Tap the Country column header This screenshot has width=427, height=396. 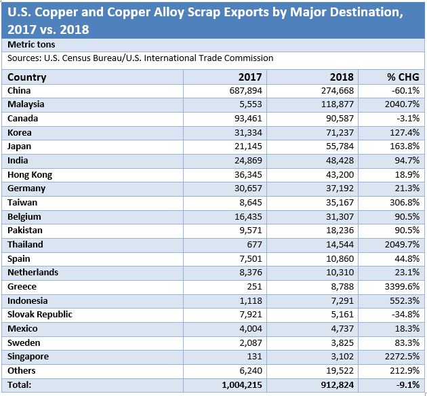27,77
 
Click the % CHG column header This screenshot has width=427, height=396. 402,77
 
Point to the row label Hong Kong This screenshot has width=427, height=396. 30,174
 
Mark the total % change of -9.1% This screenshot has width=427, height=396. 406,385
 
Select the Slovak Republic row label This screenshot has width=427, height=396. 39,315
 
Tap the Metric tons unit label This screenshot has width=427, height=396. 31,44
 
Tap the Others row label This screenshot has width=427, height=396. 22,371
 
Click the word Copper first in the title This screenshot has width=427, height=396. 64,12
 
